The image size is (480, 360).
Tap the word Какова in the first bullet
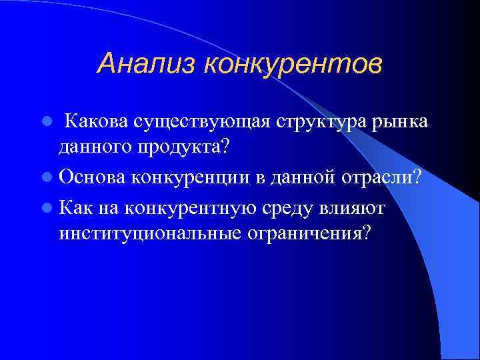click(x=97, y=122)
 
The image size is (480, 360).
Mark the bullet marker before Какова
click(x=46, y=123)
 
